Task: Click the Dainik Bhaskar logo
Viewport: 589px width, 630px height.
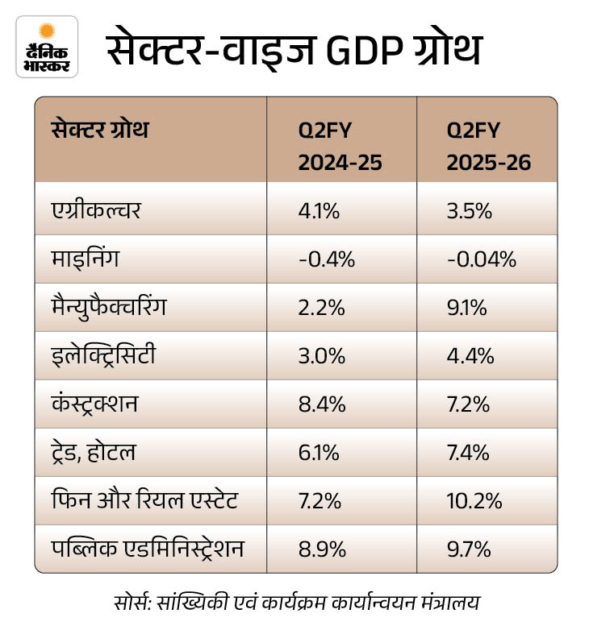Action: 47,46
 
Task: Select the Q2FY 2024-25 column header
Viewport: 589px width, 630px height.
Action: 340,146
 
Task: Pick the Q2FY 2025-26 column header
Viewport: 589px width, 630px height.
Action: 488,146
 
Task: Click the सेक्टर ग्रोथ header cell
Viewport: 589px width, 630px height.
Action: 100,131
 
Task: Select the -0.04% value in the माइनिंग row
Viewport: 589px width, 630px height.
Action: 481,260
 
